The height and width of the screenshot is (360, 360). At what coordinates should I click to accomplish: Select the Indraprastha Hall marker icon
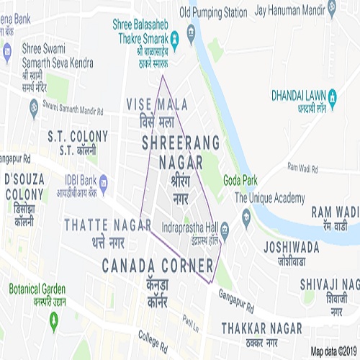[225, 230]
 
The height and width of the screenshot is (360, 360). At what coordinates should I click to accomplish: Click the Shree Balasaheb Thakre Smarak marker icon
[190, 32]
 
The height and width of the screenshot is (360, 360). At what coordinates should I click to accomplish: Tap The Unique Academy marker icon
[246, 215]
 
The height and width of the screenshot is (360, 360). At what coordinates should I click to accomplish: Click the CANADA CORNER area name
[158, 266]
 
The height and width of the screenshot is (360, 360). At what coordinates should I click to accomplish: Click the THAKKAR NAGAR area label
[260, 327]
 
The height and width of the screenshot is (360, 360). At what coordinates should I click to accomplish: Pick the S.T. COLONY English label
[78, 135]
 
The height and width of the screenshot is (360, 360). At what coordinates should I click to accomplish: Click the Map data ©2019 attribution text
[334, 351]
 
